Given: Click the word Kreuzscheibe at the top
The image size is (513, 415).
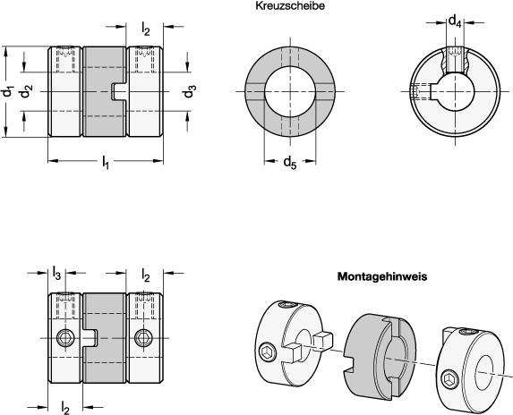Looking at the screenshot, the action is click(290, 6).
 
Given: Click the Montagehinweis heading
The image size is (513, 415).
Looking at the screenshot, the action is click(382, 276).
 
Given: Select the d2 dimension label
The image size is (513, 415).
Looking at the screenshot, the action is click(27, 91).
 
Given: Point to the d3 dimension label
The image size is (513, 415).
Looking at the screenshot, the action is click(190, 91).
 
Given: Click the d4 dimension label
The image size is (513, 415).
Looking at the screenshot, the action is click(455, 21).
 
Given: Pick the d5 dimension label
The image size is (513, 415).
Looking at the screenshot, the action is click(290, 162).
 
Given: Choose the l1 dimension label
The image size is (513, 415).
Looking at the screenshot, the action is click(105, 162).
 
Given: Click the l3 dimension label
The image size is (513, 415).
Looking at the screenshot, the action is click(56, 273).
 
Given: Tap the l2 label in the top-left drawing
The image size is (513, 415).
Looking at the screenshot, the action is click(146, 29).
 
